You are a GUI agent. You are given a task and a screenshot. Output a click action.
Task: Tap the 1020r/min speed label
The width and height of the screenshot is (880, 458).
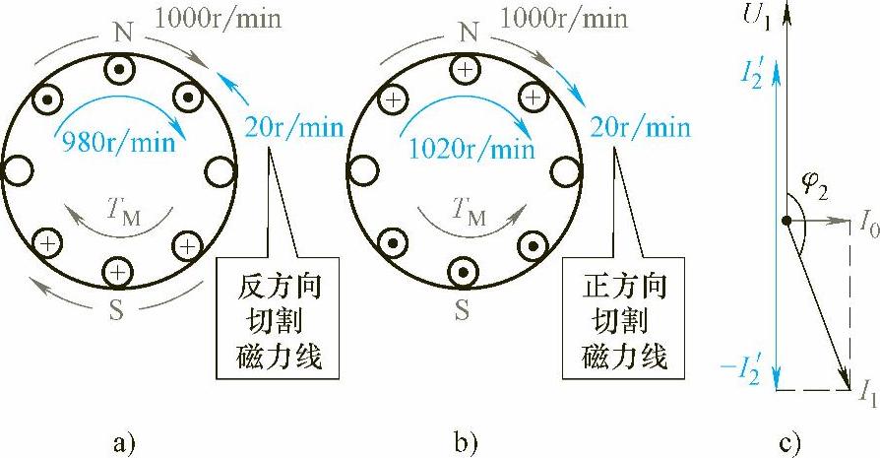[471, 150]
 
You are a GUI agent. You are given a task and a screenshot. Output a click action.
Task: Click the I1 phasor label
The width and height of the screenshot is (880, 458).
[866, 394]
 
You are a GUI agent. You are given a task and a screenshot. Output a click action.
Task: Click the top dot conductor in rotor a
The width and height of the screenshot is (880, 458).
[119, 71]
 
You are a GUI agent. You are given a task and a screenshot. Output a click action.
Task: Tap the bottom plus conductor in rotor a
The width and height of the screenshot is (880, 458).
[118, 270]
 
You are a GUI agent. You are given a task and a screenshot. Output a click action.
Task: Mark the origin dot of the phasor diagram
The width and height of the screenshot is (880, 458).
[787, 222]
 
